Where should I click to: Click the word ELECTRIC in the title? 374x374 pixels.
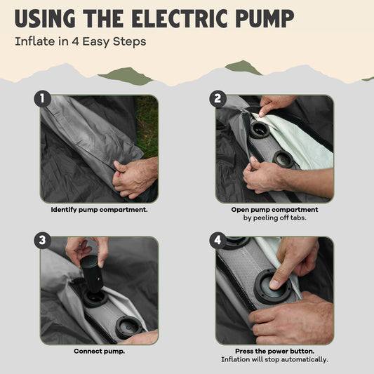click(x=180, y=18)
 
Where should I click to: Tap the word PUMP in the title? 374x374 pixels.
click(x=265, y=18)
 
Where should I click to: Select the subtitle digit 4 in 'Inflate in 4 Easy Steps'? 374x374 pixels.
click(x=75, y=41)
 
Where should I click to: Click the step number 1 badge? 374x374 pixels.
click(x=43, y=98)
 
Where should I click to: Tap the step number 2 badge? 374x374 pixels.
click(x=218, y=98)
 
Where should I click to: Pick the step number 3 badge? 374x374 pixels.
click(x=43, y=240)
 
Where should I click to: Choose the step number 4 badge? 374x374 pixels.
click(x=218, y=240)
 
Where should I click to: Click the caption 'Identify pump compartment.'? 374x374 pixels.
click(x=99, y=210)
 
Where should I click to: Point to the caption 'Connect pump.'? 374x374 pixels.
click(x=99, y=351)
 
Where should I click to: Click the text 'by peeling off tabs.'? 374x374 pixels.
click(x=274, y=218)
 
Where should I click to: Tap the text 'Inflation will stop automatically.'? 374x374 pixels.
click(x=274, y=359)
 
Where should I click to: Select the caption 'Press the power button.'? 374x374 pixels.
click(x=274, y=351)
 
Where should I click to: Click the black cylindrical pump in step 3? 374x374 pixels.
click(x=91, y=274)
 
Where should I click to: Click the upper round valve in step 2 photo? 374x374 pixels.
click(x=260, y=130)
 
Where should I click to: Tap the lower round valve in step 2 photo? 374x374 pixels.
click(x=283, y=159)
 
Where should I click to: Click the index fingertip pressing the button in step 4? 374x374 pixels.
click(x=274, y=284)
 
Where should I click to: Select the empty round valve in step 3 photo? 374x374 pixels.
click(x=129, y=327)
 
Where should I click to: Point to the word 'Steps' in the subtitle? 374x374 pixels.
click(x=129, y=42)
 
